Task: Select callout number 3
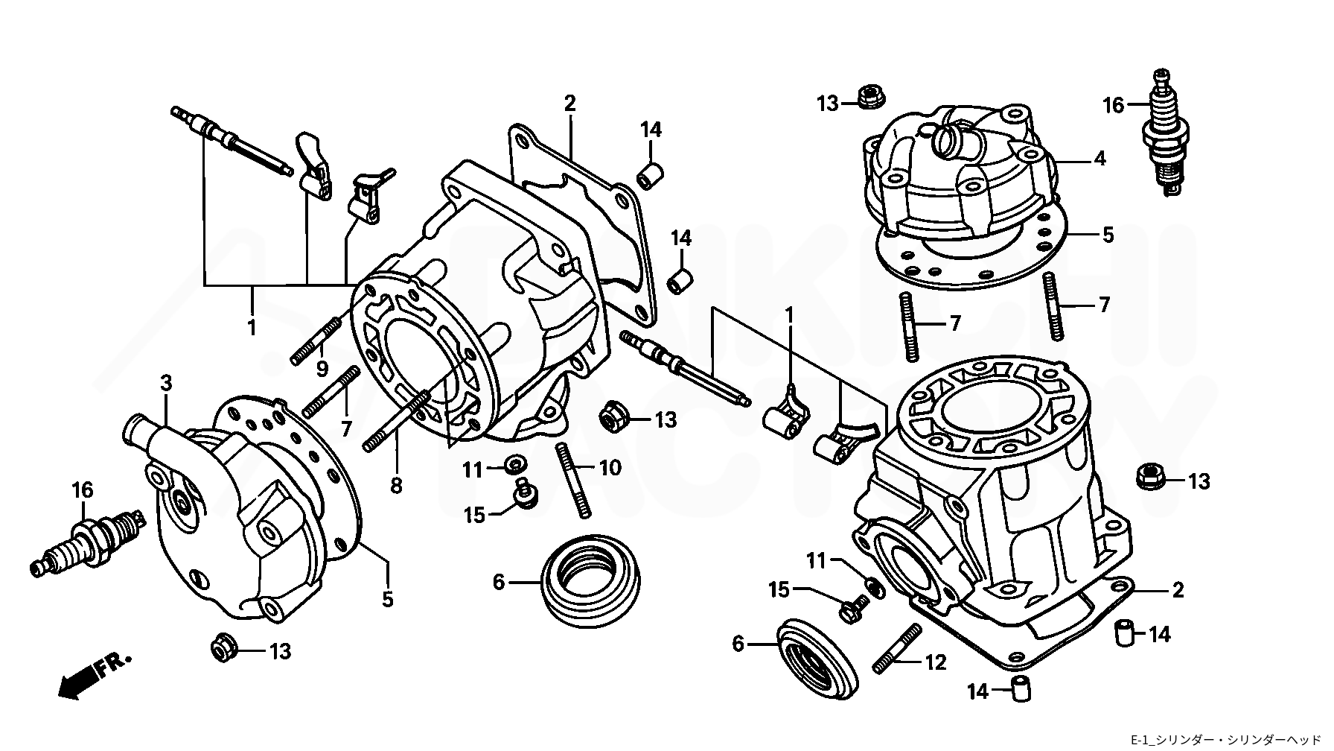[166, 384]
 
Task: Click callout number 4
[1100, 159]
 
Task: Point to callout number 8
[396, 487]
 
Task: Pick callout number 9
[322, 368]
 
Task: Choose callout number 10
[610, 468]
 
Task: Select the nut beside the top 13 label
[867, 97]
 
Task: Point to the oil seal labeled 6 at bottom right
[817, 655]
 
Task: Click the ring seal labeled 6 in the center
[589, 577]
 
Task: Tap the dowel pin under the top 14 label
[650, 177]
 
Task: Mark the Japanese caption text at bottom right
[1229, 739]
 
